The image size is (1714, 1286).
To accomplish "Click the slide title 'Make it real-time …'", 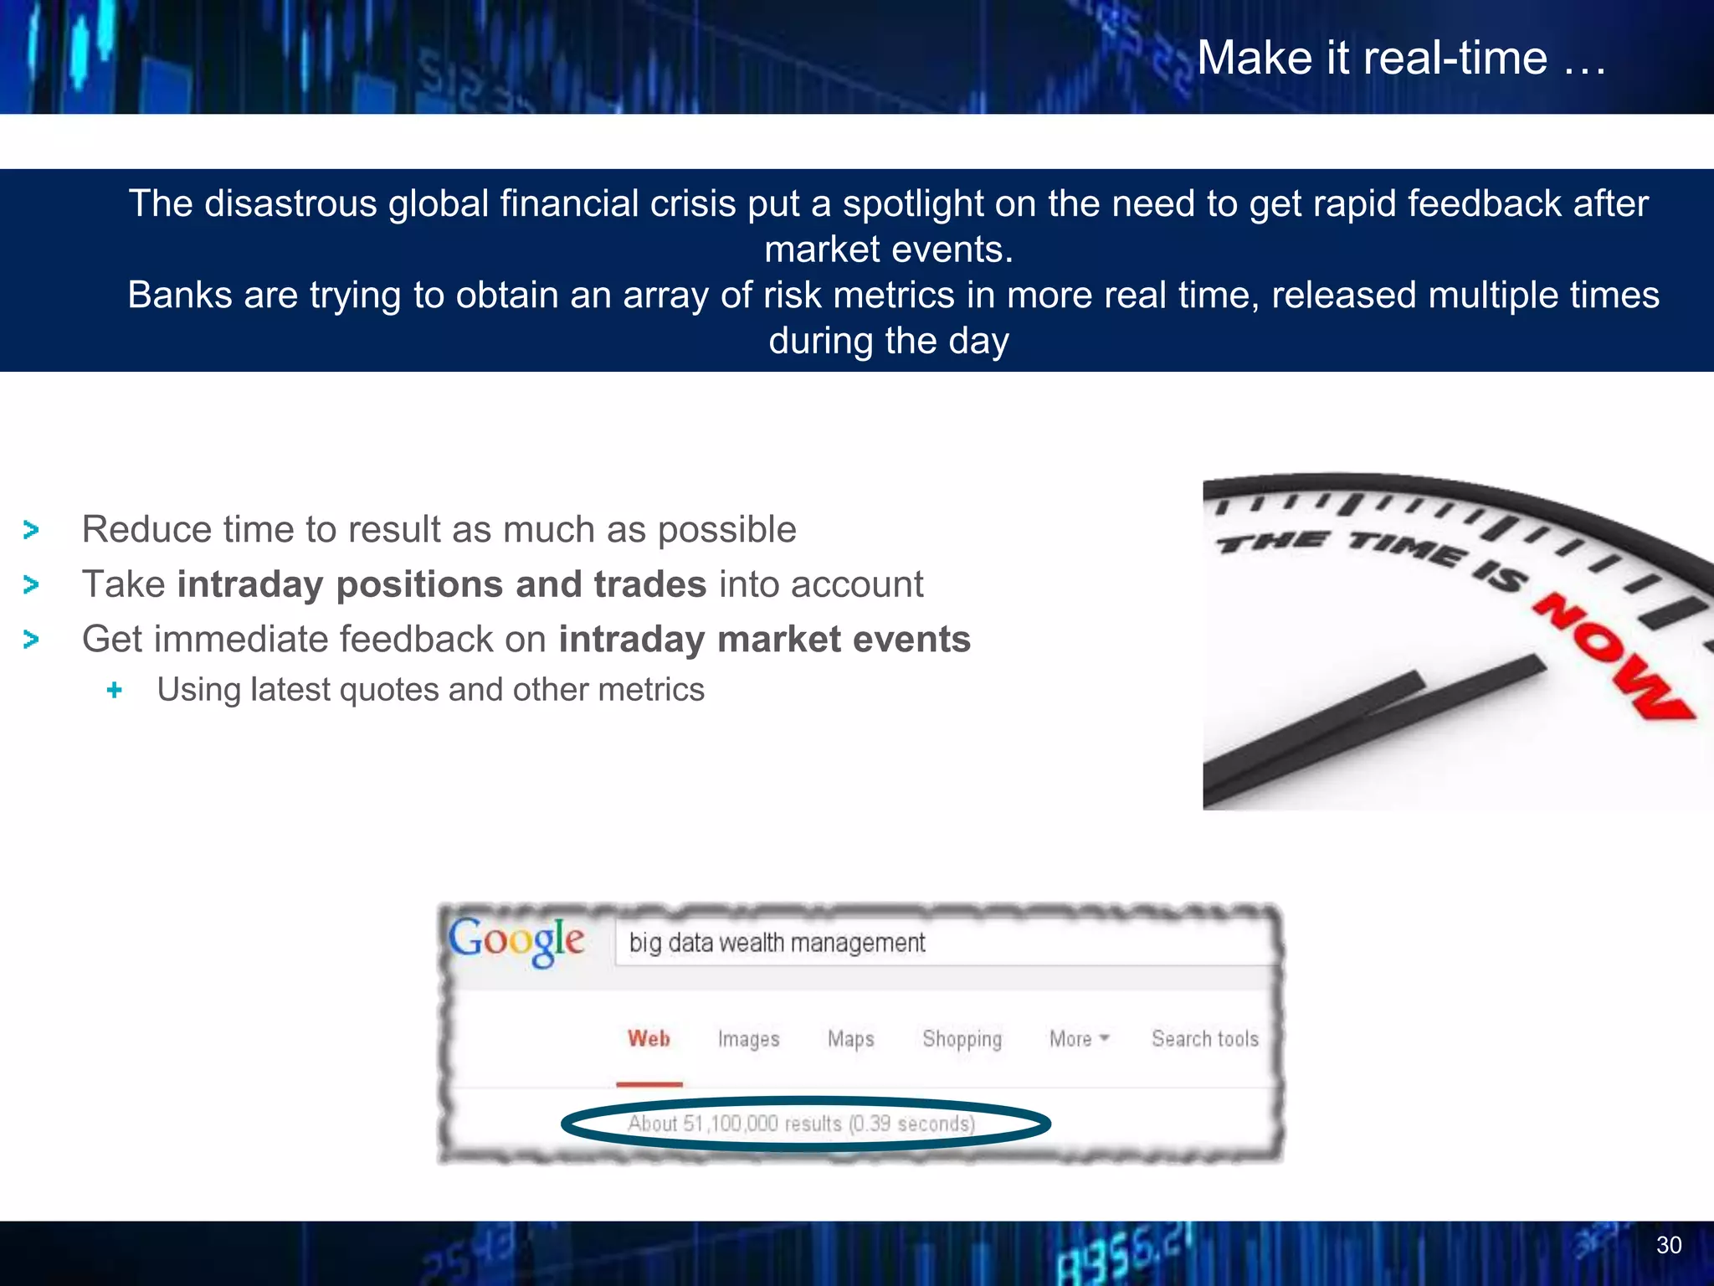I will coord(1401,59).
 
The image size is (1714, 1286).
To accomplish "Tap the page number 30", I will coord(1668,1245).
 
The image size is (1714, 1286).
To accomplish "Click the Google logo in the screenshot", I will coord(516,940).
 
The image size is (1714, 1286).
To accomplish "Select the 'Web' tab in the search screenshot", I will coord(649,1039).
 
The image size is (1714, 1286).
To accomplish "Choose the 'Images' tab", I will coord(748,1039).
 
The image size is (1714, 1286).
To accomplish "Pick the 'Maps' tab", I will coord(850,1039).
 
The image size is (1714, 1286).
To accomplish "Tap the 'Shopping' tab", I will coord(962,1039).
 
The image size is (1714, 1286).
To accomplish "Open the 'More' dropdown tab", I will coord(1078,1039).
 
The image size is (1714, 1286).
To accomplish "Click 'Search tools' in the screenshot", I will coord(1204,1039).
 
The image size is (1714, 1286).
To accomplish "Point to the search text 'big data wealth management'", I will coord(777,944).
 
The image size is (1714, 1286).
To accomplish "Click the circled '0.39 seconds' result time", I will coord(912,1124).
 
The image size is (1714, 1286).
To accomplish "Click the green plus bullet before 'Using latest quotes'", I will coord(115,690).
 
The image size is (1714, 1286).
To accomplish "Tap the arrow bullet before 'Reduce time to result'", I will coord(32,530).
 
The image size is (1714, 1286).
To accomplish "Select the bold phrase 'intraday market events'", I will coord(764,640).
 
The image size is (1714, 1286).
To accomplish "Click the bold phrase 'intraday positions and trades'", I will coord(442,584).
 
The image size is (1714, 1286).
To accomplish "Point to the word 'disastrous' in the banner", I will coord(290,204).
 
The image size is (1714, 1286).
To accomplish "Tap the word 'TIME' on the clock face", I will coord(1405,548).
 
